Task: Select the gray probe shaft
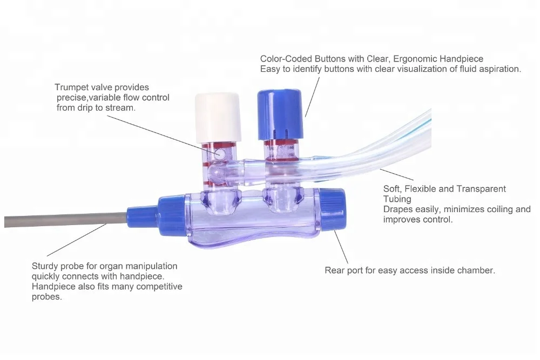[65, 220]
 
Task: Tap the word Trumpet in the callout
[72, 87]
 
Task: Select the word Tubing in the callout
[397, 199]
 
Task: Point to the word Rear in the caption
[335, 270]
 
